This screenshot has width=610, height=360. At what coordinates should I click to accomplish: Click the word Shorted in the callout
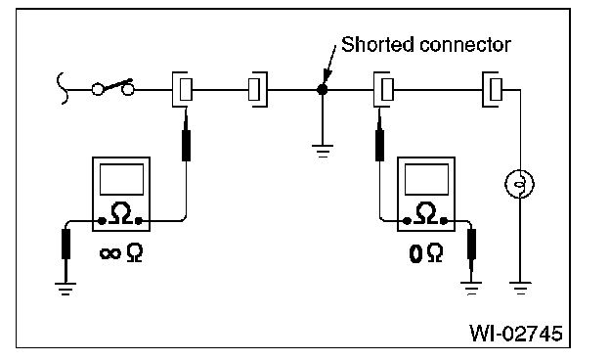[x=376, y=44]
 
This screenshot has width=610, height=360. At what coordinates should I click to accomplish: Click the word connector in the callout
[x=465, y=45]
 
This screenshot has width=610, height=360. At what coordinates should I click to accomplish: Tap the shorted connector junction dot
[x=323, y=90]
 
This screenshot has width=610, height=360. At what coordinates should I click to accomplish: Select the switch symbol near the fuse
[x=113, y=87]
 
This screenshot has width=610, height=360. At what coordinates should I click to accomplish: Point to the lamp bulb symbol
[x=520, y=184]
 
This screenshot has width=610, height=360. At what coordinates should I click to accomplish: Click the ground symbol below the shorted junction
[x=323, y=151]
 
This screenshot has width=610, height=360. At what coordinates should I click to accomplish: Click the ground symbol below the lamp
[x=520, y=289]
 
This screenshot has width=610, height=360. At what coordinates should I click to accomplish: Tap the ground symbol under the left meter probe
[x=65, y=289]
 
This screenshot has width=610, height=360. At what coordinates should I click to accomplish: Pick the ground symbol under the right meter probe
[x=471, y=289]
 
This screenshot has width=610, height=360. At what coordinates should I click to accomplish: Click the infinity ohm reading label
[x=121, y=253]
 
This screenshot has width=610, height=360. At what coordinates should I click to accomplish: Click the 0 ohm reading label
[x=426, y=253]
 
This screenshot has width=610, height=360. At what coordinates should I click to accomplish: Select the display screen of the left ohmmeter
[x=122, y=179]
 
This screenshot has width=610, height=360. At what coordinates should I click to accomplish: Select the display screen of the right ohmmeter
[x=427, y=179]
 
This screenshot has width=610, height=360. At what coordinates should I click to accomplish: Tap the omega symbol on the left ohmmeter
[x=121, y=213]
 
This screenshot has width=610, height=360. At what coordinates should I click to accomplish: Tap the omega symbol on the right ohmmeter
[x=426, y=213]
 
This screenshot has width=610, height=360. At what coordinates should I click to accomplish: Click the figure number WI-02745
[x=516, y=334]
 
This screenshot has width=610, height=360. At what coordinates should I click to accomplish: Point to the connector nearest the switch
[x=182, y=90]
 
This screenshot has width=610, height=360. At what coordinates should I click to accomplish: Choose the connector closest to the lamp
[x=492, y=90]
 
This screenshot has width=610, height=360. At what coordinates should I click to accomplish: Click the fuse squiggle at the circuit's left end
[x=63, y=89]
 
